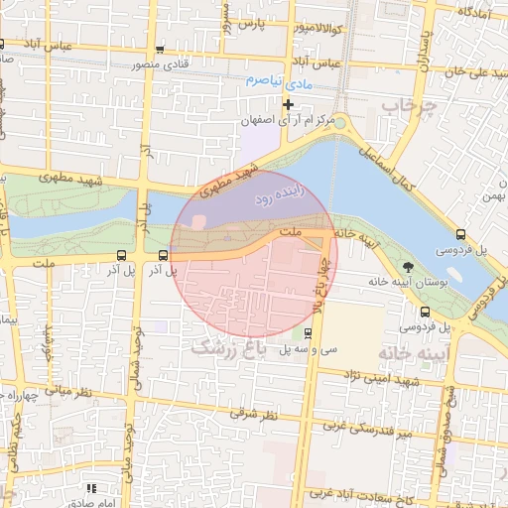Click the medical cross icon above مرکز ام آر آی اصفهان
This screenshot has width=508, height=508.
click(289, 104)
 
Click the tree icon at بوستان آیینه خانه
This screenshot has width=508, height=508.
click(409, 266)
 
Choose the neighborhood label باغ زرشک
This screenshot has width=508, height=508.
click(230, 349)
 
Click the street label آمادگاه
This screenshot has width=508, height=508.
click(477, 10)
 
